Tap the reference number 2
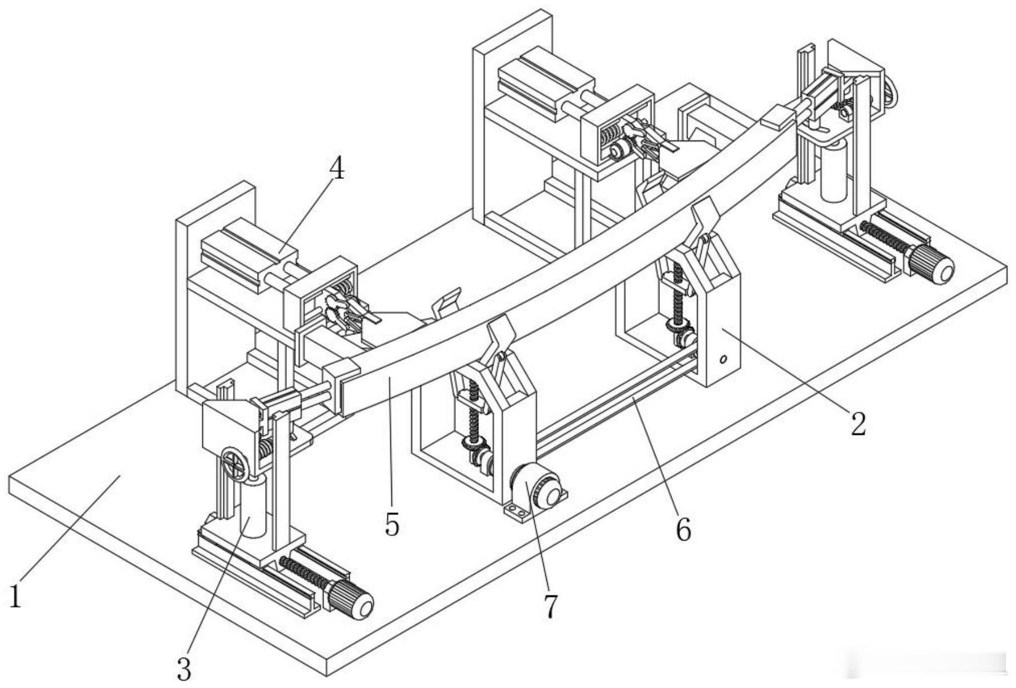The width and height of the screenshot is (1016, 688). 858,423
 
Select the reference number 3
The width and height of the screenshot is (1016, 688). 184,669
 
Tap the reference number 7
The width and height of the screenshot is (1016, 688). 550,606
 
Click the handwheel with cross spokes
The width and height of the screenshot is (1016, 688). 234,463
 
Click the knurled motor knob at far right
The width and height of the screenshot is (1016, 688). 932,263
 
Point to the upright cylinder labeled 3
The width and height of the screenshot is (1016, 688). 253,509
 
